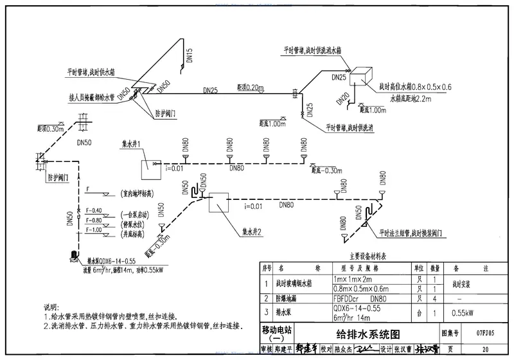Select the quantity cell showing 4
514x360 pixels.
[434, 299]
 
